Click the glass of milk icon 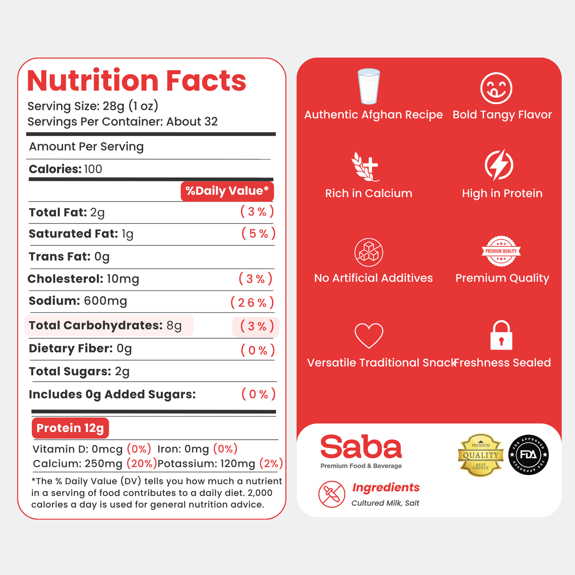[369, 86]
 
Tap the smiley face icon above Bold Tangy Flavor [496, 88]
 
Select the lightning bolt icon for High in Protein [499, 165]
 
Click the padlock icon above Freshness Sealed [501, 335]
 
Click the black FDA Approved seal [528, 455]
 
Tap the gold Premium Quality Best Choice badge [481, 455]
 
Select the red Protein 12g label [70, 428]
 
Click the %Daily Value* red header [227, 191]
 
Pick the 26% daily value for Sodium [252, 302]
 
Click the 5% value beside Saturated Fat [258, 233]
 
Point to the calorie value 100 [93, 169]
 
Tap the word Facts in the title [206, 80]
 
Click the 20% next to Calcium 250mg [142, 464]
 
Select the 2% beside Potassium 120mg [271, 464]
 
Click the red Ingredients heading [386, 487]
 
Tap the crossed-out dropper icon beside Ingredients [331, 494]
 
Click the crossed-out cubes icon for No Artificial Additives [369, 252]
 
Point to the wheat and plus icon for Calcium [365, 166]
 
